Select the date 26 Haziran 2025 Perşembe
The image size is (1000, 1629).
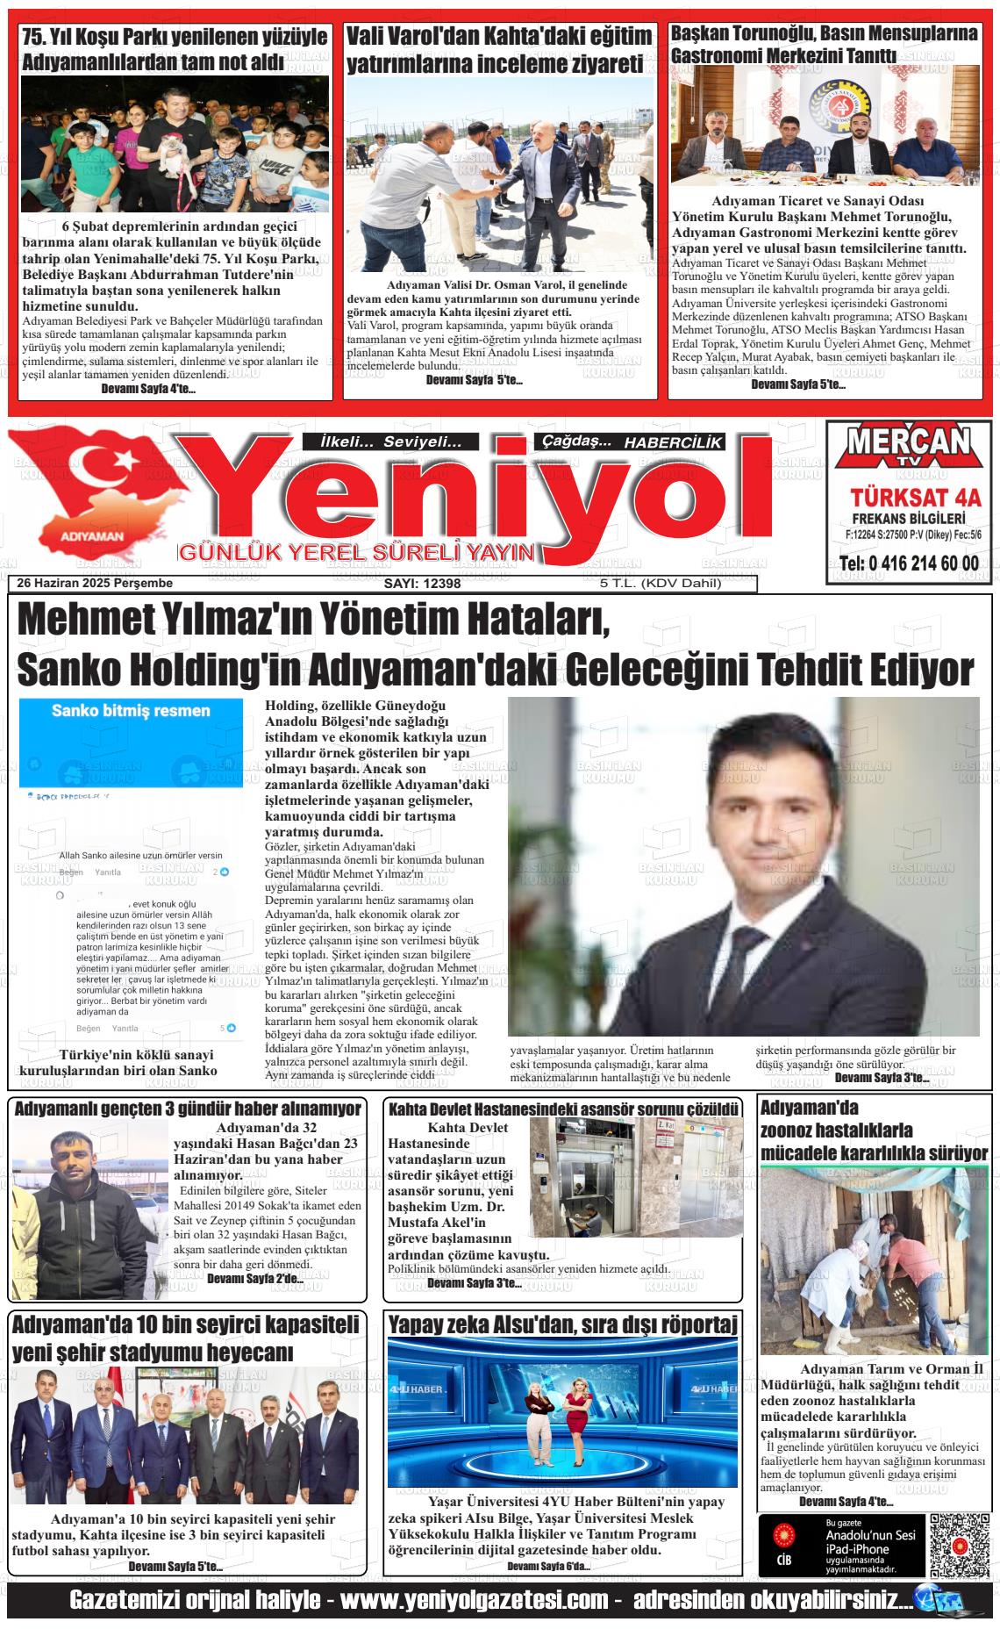tap(95, 583)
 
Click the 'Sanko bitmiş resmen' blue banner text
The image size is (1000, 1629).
tap(131, 710)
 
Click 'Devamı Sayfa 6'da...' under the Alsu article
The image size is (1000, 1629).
tap(549, 1566)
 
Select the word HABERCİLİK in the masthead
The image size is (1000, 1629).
tap(673, 443)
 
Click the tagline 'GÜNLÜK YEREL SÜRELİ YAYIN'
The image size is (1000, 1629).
tap(356, 553)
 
